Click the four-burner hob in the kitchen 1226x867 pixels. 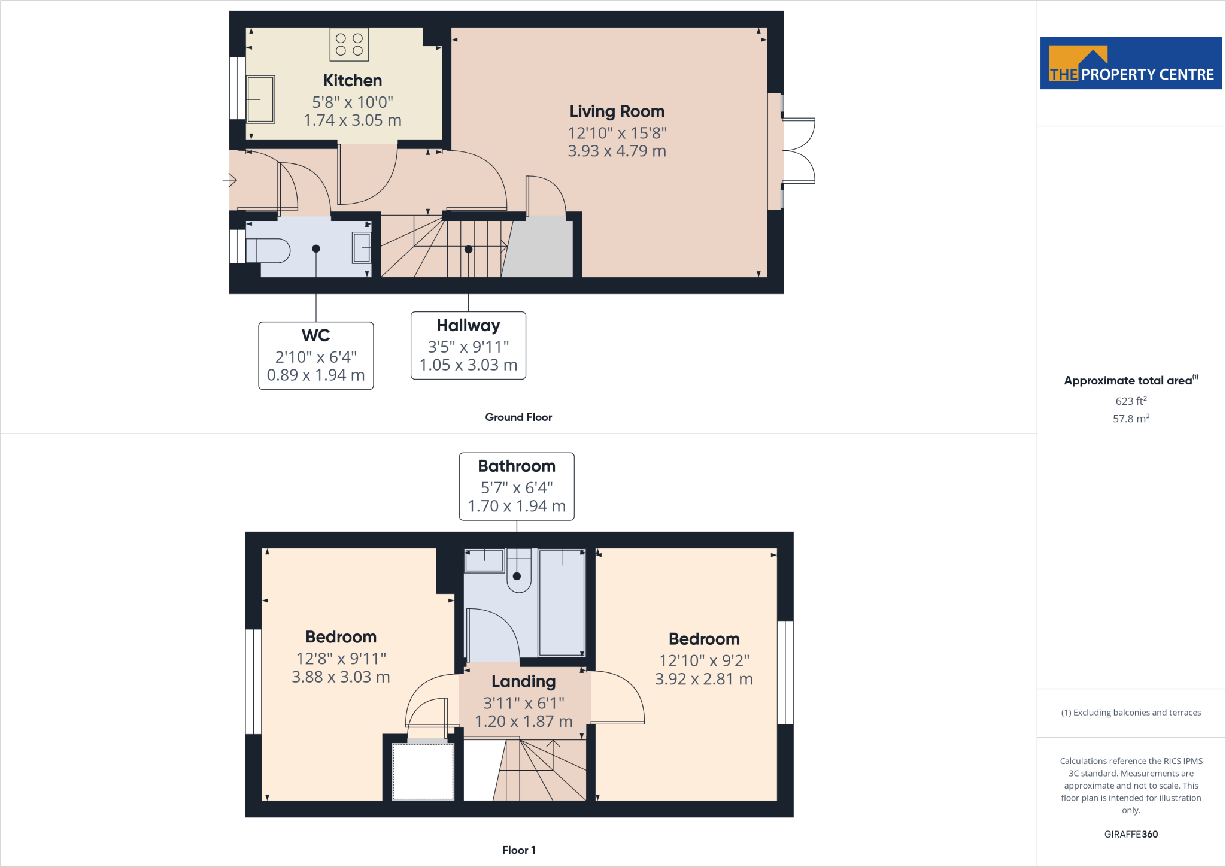point(349,45)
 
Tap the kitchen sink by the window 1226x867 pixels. point(260,99)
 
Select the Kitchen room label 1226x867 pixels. point(352,81)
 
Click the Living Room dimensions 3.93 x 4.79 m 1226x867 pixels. point(617,151)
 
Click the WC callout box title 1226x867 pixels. point(315,335)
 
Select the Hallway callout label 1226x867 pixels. point(468,325)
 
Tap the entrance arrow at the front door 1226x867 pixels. point(230,180)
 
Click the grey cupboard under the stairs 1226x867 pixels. point(539,248)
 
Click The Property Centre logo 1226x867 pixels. point(1130,63)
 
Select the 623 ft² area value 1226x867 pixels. point(1130,401)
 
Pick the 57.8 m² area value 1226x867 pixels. point(1130,419)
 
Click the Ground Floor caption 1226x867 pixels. point(518,417)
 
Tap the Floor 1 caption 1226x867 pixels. point(518,850)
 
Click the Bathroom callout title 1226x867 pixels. point(516,466)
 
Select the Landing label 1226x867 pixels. point(523,682)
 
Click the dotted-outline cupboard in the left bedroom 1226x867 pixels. point(423,771)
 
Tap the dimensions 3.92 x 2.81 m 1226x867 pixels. point(703,679)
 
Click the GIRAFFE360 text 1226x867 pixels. point(1130,834)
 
